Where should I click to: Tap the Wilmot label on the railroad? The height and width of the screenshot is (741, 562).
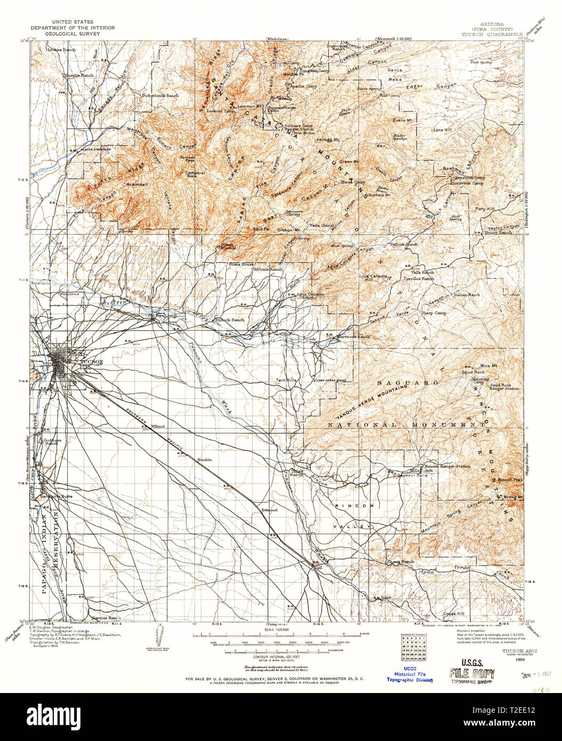tap(158, 426)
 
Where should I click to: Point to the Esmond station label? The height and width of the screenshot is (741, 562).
tap(270, 510)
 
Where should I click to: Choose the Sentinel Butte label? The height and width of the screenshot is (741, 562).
tap(413, 475)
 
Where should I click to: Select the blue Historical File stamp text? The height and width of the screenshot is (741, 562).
tap(410, 674)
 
